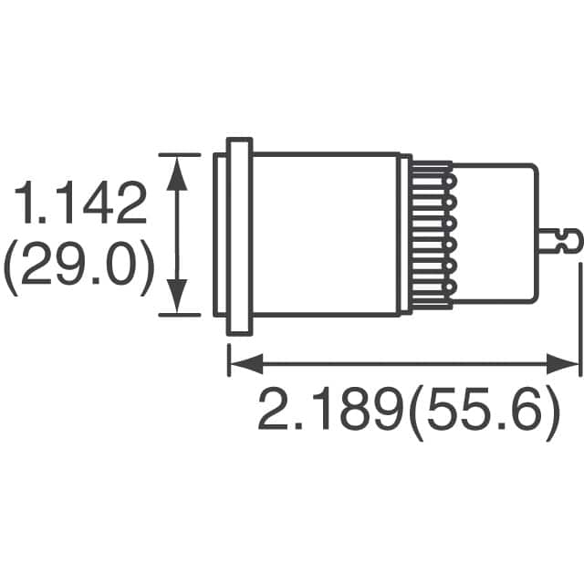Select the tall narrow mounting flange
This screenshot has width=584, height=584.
pyautogui.click(x=239, y=235)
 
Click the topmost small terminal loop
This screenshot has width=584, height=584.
pyautogui.click(x=449, y=182)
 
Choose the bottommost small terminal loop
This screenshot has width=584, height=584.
pyautogui.click(x=449, y=287)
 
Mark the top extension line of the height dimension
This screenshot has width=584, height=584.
pyautogui.click(x=179, y=154)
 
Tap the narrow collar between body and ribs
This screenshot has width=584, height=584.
pyautogui.click(x=404, y=235)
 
